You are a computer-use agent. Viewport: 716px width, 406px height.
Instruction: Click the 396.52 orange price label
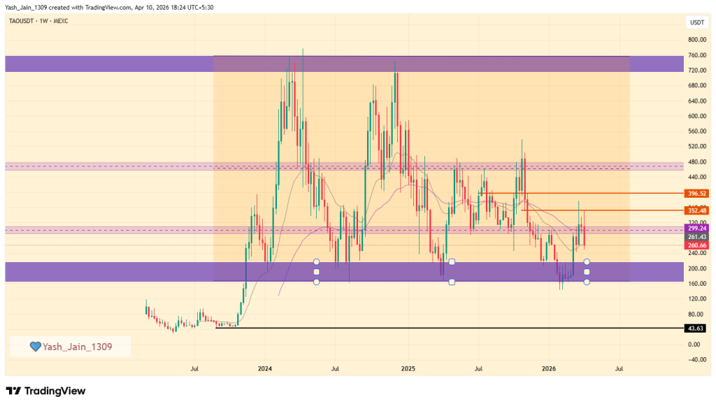[x=697, y=193]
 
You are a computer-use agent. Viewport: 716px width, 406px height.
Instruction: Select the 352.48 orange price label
[x=697, y=210]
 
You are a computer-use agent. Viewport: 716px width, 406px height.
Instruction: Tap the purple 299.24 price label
[x=697, y=228]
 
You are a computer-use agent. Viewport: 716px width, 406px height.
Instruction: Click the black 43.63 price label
[x=697, y=328]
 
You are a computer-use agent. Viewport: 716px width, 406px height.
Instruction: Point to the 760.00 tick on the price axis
[x=696, y=55]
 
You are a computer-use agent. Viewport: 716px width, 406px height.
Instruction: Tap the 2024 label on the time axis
[x=264, y=368]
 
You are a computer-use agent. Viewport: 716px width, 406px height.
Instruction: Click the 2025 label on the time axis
[x=408, y=368]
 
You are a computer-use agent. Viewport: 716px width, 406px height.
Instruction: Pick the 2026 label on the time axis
[x=549, y=368]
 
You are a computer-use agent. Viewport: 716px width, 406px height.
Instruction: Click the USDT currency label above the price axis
[x=697, y=22]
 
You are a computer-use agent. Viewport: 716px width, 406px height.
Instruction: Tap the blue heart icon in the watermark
[x=35, y=346]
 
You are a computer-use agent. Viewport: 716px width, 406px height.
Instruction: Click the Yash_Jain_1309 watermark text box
[x=70, y=346]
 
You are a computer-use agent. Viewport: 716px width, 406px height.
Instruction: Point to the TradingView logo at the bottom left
[x=45, y=391]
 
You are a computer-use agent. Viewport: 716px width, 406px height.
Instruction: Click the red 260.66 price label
[x=697, y=245]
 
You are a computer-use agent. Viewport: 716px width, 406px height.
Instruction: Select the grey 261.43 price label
[x=697, y=237]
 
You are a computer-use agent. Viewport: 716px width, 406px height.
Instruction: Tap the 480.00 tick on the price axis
[x=696, y=161]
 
